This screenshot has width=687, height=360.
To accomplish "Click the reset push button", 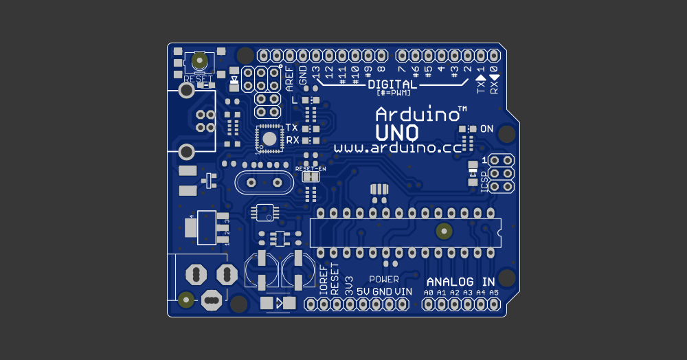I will [x=200, y=61].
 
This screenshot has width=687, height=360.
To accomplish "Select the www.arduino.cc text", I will [x=397, y=148].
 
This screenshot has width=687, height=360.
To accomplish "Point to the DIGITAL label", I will [x=392, y=85].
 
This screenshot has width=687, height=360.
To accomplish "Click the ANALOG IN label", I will [x=460, y=282].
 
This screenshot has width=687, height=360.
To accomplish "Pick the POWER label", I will [x=383, y=279].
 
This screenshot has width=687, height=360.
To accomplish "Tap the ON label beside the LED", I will [x=486, y=129].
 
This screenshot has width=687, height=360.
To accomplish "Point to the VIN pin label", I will [x=403, y=292].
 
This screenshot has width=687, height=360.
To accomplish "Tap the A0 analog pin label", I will [x=429, y=293].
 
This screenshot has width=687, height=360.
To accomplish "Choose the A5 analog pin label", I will [x=493, y=293].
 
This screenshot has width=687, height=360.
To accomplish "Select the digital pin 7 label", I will [x=401, y=69].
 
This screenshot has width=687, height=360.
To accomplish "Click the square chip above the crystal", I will [x=269, y=138].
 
